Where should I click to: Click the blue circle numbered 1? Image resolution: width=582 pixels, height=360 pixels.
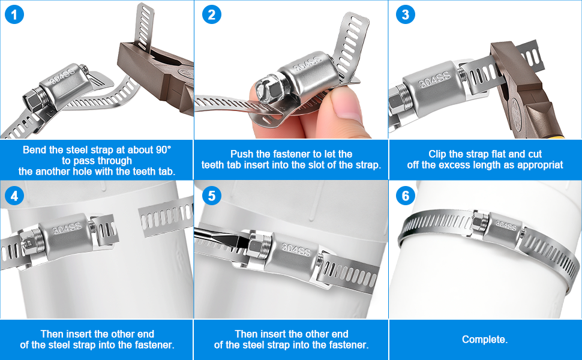point(14,15)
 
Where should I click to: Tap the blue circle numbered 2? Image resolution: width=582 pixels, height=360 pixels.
point(212,15)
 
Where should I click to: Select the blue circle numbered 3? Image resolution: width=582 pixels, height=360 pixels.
point(406,15)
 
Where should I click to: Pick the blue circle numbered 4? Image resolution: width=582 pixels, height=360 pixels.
point(14,196)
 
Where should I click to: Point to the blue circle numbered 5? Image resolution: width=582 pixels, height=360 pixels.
point(212,196)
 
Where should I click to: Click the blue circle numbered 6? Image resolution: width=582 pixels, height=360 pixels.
point(406,196)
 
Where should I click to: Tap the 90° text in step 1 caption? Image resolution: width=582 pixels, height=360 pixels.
point(163,149)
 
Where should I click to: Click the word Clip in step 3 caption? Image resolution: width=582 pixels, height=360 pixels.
point(439,154)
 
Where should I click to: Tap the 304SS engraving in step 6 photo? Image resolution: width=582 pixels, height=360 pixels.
point(506,224)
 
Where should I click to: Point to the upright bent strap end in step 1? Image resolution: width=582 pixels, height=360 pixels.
point(145,25)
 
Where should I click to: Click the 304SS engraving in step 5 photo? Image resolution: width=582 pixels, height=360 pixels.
point(296,250)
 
